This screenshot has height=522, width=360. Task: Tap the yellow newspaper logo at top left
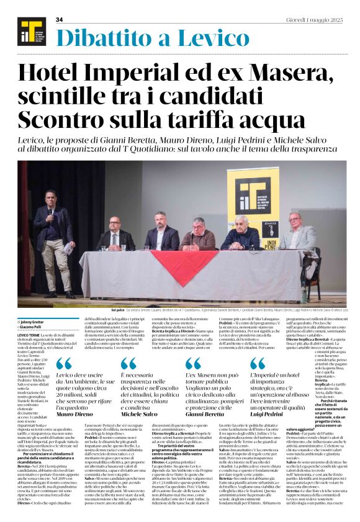[x=27, y=30]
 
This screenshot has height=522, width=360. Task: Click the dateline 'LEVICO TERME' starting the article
[x=32, y=335]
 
